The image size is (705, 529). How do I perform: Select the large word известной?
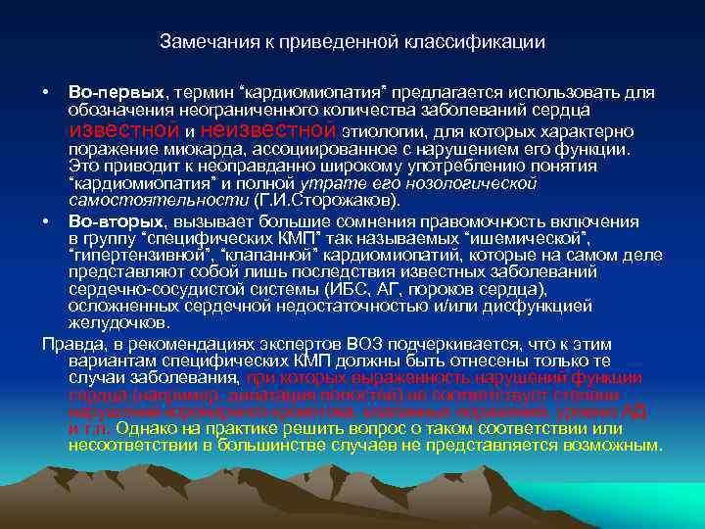click(123, 130)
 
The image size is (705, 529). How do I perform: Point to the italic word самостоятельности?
click(136, 200)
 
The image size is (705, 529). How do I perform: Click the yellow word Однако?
click(148, 428)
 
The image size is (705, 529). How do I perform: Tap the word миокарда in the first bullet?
click(213, 150)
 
